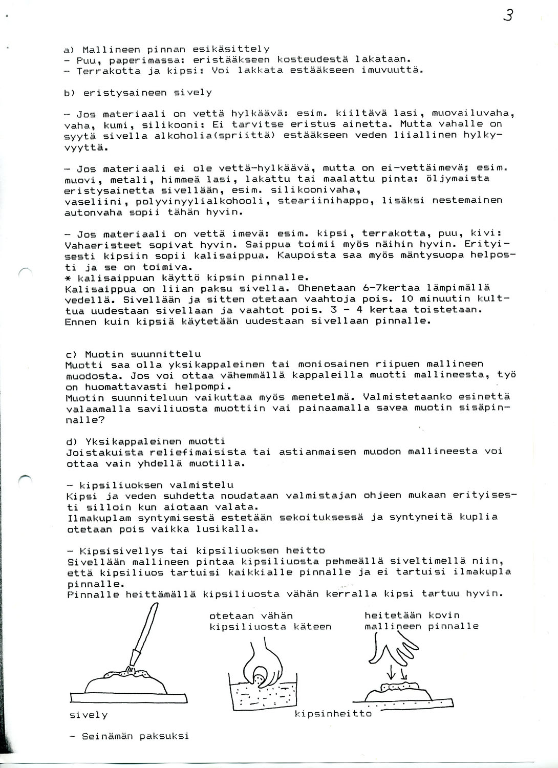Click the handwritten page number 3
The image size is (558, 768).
pyautogui.click(x=508, y=16)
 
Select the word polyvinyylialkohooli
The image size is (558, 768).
pyautogui.click(x=200, y=201)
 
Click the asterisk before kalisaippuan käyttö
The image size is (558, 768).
pyautogui.click(x=68, y=278)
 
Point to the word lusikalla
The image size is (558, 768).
pyautogui.click(x=231, y=529)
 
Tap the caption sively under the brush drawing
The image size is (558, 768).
pyautogui.click(x=89, y=715)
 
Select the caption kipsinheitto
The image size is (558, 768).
pyautogui.click(x=333, y=713)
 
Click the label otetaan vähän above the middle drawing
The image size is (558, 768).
pyautogui.click(x=251, y=616)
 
